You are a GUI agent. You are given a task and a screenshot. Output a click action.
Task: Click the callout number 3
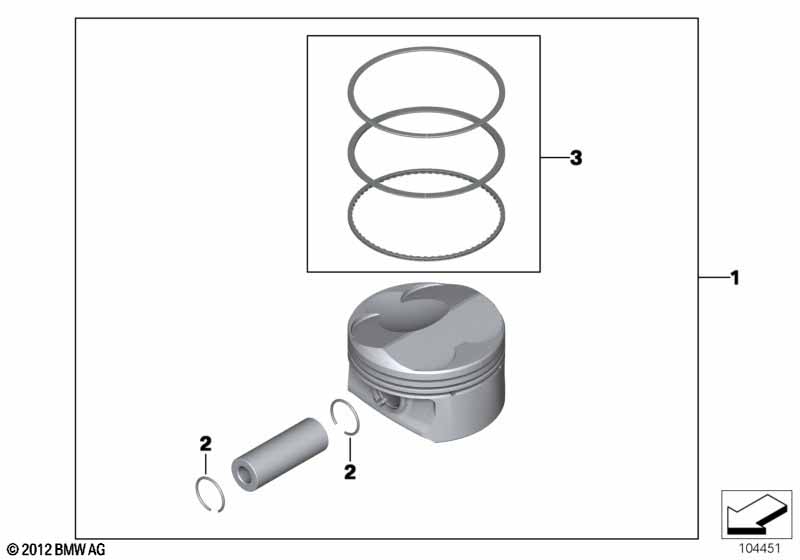(x=576, y=158)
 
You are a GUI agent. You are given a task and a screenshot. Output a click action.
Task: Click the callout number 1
(x=735, y=278)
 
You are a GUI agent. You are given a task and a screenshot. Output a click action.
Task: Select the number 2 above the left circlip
(x=206, y=444)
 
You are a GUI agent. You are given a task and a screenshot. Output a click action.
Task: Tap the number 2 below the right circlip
(x=350, y=472)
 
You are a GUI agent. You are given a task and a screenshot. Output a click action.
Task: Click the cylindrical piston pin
(x=280, y=454)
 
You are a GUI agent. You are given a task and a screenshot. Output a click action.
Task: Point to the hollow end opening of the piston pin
(x=245, y=475)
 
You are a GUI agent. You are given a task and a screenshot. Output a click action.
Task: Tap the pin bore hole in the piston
(x=384, y=400)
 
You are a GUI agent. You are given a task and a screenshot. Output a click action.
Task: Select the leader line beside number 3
(x=555, y=158)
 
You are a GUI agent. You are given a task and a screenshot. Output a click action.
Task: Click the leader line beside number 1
(x=713, y=278)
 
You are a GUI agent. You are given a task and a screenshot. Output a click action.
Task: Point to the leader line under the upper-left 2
(x=206, y=464)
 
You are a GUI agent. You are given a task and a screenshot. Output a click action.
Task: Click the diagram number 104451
(x=760, y=549)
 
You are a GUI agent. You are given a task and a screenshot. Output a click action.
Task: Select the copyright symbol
(x=13, y=550)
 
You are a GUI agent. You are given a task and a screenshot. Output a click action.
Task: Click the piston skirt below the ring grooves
(x=459, y=413)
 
